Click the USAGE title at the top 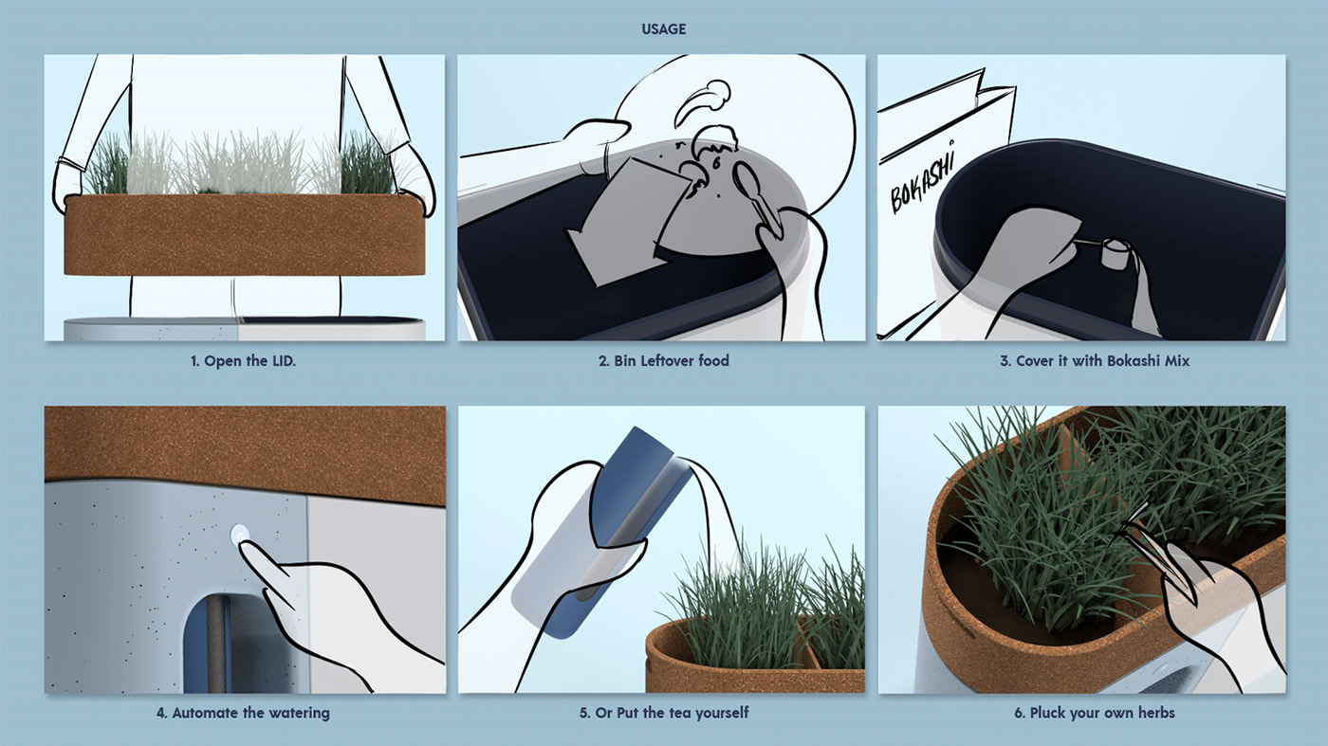(x=663, y=29)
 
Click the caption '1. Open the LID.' (x=243, y=361)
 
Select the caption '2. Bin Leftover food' (x=663, y=361)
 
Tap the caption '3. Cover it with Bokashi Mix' (x=1095, y=361)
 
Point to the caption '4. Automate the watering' (x=243, y=712)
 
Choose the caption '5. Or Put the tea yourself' (x=663, y=712)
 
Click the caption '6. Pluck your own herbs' (x=1095, y=712)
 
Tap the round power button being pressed (x=240, y=535)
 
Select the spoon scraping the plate (x=751, y=202)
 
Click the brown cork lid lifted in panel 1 (x=245, y=235)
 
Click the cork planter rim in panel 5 (x=754, y=658)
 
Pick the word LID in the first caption (x=283, y=361)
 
